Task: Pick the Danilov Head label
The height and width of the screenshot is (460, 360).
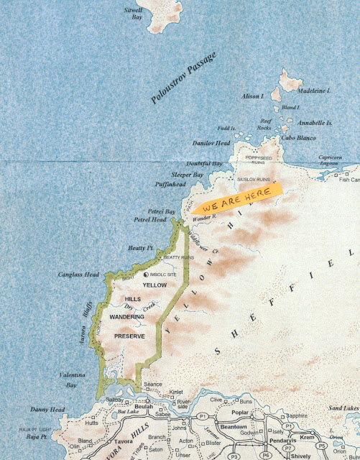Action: [210, 143]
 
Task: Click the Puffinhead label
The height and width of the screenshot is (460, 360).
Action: [170, 185]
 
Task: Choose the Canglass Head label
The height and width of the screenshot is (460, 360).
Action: [78, 274]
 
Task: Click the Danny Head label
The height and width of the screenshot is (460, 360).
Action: [48, 410]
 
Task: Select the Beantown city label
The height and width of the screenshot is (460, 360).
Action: [233, 426]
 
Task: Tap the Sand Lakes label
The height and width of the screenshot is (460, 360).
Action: [343, 408]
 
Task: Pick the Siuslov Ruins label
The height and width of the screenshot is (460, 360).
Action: [252, 180]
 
